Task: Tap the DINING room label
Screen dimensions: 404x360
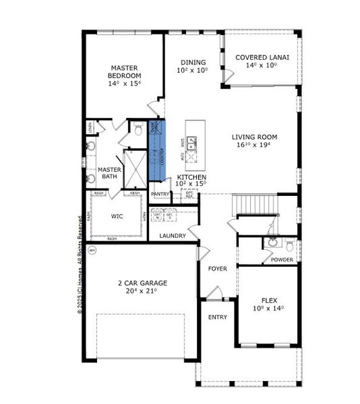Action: (x=192, y=63)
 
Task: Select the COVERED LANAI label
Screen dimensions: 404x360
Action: (x=262, y=58)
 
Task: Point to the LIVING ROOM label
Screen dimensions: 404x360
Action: (x=254, y=137)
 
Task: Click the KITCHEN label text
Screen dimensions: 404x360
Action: (x=191, y=176)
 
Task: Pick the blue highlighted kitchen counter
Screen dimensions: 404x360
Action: (x=156, y=151)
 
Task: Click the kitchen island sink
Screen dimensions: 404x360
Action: (x=192, y=143)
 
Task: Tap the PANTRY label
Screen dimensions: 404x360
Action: (x=160, y=194)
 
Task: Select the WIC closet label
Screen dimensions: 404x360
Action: (x=116, y=217)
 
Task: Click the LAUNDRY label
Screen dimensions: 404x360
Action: (x=173, y=236)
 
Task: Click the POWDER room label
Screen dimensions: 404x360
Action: (x=282, y=260)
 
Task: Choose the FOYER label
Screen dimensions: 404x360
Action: (x=217, y=269)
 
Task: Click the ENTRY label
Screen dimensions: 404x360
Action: (x=217, y=317)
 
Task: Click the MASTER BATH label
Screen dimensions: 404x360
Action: (x=109, y=173)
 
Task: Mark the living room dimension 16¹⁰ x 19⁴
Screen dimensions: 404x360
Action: (x=254, y=145)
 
